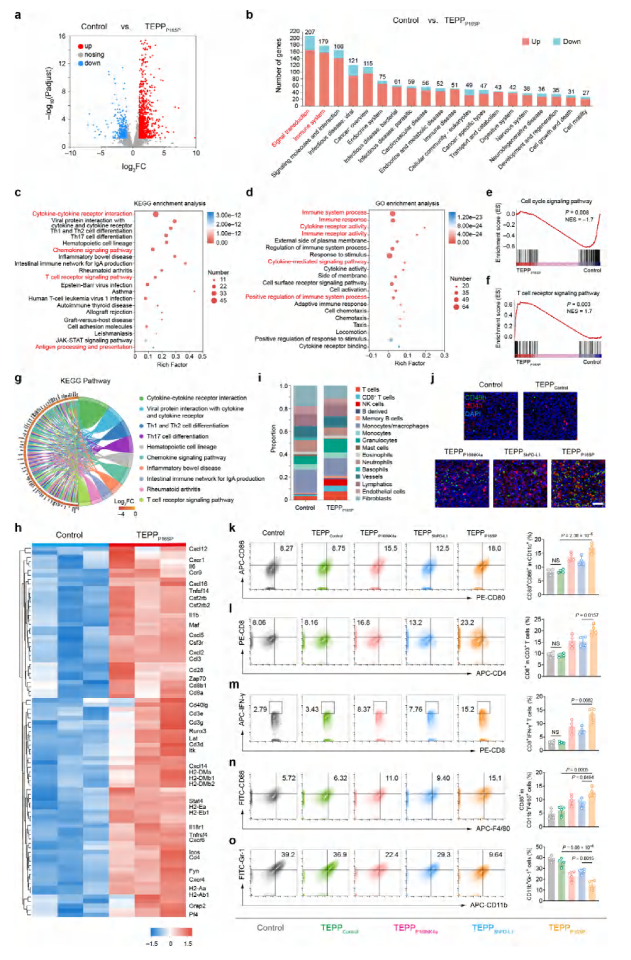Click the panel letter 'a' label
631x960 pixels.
[x=18, y=15]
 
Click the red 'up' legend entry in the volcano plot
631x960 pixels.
[x=85, y=46]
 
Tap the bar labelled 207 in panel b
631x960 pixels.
[x=310, y=70]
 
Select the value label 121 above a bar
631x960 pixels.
[x=353, y=61]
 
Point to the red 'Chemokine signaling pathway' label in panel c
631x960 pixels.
[x=92, y=250]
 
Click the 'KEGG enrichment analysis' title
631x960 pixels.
[x=169, y=203]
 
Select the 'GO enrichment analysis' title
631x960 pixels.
[x=407, y=203]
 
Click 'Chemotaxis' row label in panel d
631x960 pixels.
[x=351, y=318]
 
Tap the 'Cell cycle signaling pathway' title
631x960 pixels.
[x=556, y=201]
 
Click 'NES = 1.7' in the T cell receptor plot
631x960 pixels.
[x=578, y=311]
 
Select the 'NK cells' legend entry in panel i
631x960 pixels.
[x=372, y=404]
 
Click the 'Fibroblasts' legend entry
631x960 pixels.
[x=376, y=499]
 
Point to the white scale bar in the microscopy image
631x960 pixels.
[x=598, y=503]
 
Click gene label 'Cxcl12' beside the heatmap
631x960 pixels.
[x=198, y=549]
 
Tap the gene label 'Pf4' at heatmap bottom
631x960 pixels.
[x=193, y=914]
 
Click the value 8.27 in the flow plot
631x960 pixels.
[x=286, y=548]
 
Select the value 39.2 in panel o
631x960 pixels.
[x=287, y=855]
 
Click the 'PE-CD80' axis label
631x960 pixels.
[x=491, y=598]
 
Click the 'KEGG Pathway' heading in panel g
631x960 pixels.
[x=85, y=381]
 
